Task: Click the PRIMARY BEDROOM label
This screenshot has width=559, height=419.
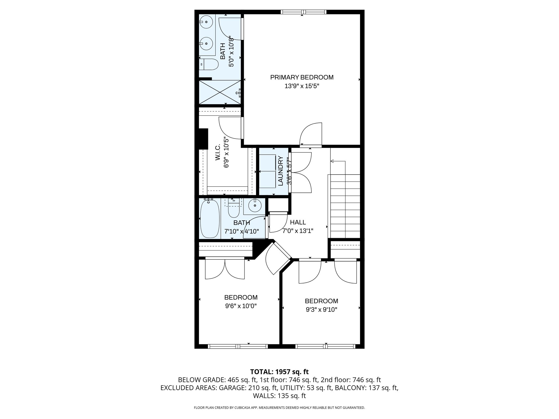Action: [302, 77]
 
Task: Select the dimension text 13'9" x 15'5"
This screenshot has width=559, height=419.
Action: [302, 86]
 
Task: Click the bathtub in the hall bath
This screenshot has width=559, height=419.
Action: [210, 219]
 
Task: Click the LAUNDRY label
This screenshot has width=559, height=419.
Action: [280, 171]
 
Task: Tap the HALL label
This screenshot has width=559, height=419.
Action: [298, 222]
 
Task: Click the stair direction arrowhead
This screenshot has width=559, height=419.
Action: [332, 161]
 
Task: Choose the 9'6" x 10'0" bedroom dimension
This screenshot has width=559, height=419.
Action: [241, 306]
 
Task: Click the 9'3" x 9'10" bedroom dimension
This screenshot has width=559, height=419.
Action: [321, 310]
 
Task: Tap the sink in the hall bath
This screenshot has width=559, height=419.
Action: [254, 205]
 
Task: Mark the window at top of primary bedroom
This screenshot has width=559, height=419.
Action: [303, 12]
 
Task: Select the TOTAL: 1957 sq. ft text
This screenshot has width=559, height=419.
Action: [279, 372]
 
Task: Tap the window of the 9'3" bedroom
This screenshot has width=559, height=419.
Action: [325, 346]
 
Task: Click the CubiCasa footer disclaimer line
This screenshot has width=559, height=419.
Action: [279, 408]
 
